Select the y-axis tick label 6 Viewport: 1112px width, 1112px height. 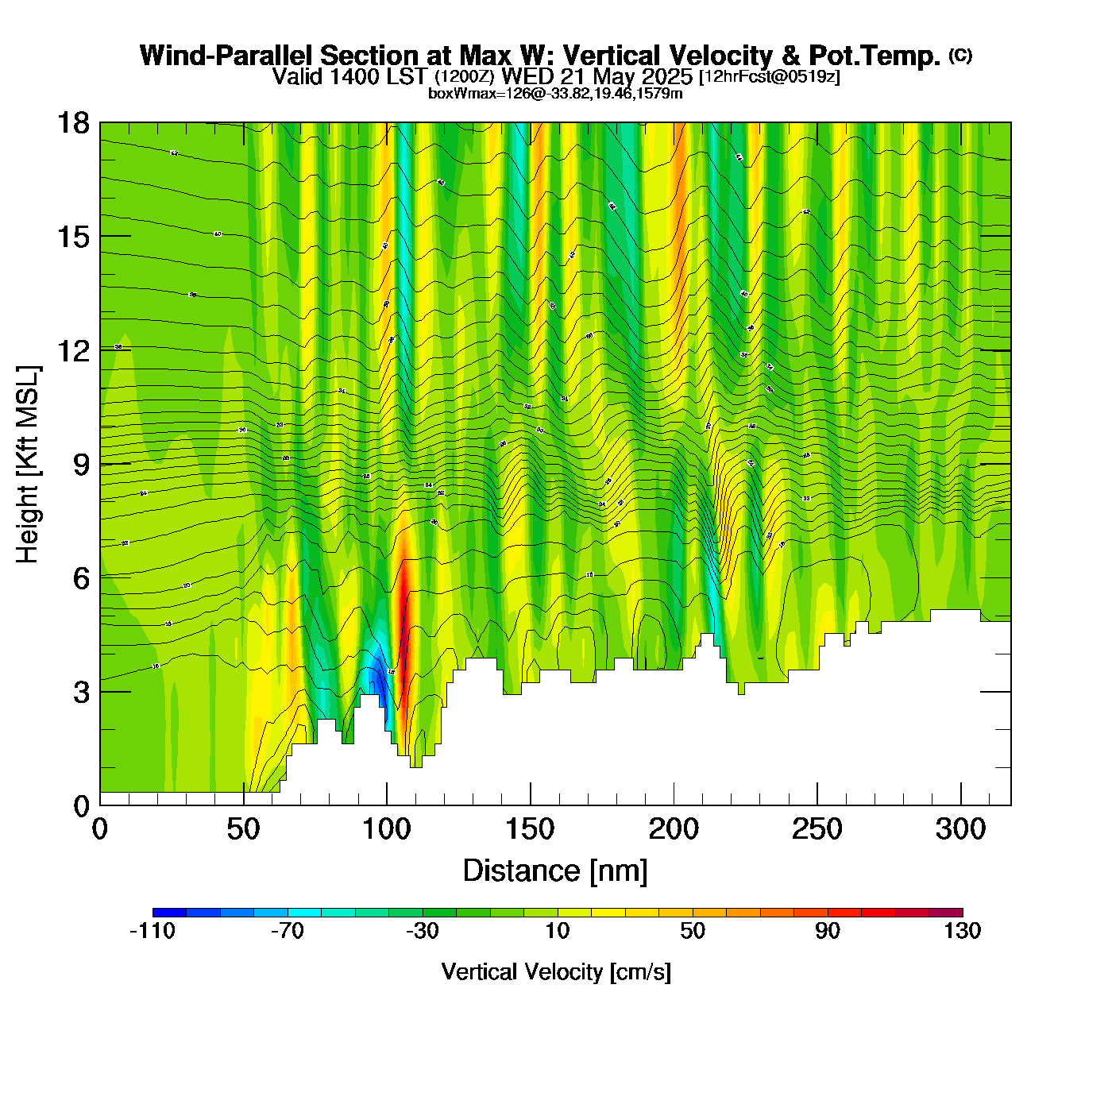81,578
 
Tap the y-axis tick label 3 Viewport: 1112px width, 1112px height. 81,692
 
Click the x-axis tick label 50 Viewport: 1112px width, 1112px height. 243,830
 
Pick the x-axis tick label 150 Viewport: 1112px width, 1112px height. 530,830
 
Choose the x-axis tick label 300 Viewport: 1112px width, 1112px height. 961,830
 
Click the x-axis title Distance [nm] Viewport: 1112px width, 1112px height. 555,871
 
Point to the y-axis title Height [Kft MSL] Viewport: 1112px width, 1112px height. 28,465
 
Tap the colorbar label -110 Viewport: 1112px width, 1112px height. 152,931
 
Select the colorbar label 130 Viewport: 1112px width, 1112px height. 963,931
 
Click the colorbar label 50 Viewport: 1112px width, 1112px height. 693,931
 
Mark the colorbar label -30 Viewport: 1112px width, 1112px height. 422,931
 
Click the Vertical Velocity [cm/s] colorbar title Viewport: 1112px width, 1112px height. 556,972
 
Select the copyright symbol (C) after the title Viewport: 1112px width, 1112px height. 960,55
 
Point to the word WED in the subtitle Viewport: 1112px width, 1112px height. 528,76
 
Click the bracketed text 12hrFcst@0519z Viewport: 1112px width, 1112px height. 769,77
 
